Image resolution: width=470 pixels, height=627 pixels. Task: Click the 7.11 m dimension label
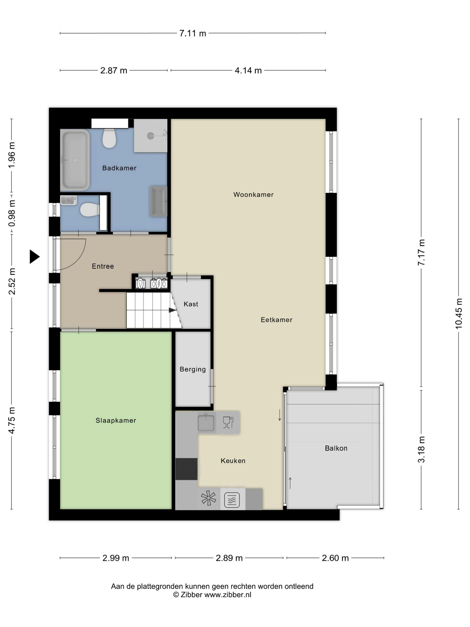tap(193, 33)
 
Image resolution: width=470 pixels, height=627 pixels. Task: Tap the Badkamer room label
tap(119, 168)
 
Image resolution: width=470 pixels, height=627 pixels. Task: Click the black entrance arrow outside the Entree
tap(34, 257)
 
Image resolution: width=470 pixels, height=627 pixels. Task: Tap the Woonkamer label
tap(253, 195)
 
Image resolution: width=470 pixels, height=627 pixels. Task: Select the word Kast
tap(191, 304)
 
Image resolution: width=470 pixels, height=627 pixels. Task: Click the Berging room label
tap(193, 369)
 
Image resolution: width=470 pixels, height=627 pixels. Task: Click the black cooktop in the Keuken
tap(186, 469)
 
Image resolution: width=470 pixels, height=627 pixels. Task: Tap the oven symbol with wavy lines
tap(232, 500)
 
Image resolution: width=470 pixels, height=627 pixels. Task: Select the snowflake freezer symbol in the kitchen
tap(209, 499)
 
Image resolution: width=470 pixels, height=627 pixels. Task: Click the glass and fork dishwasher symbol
tap(228, 422)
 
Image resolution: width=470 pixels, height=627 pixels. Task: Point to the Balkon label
tap(336, 449)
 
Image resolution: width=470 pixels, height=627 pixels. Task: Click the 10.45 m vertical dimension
tap(459, 313)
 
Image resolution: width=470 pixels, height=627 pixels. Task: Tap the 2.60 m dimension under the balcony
tap(335, 558)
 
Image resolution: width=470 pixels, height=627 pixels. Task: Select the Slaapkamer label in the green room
tap(115, 421)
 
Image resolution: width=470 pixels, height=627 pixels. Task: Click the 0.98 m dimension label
tap(12, 213)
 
